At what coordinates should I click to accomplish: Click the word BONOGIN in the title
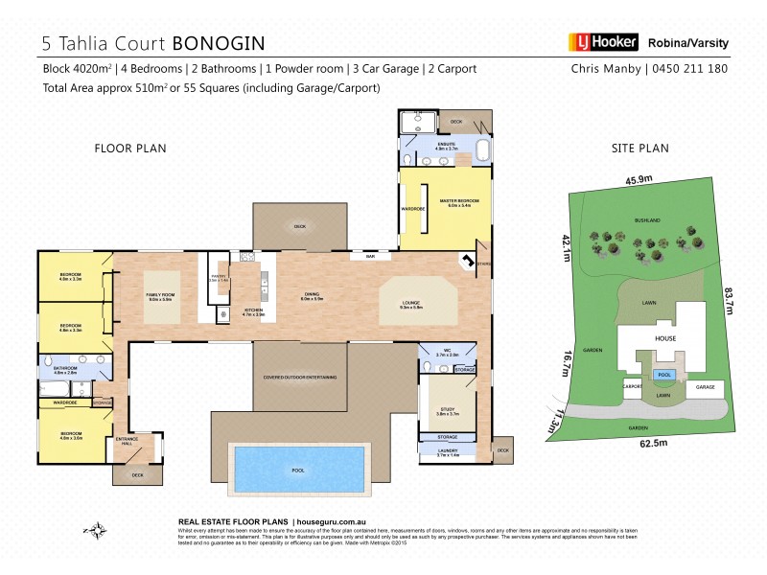point(219,43)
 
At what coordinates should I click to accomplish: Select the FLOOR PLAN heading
point(130,149)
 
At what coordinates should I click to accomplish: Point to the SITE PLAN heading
point(640,149)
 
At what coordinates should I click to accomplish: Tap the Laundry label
point(448,450)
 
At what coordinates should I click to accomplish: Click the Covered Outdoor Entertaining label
point(300,378)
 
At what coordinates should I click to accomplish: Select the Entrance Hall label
point(127,441)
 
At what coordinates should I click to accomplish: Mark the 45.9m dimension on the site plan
point(639,179)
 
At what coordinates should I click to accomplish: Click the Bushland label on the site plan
point(647,219)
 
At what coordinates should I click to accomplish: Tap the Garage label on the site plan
point(706,386)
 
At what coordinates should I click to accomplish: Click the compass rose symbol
point(95,529)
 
